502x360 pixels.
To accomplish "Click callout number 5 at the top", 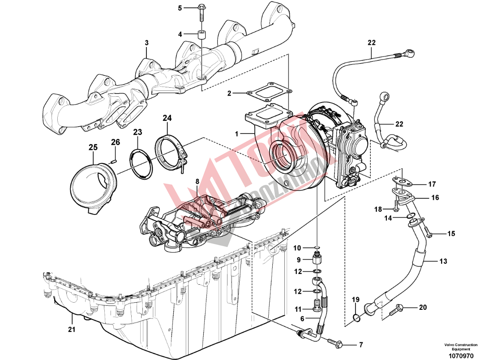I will [x=180, y=8].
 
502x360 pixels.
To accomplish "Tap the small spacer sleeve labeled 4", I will [x=201, y=34].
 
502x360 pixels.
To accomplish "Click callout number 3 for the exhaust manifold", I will [x=146, y=43].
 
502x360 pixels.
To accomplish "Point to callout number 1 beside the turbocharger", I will [x=238, y=133].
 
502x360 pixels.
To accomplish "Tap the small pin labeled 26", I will [x=114, y=157].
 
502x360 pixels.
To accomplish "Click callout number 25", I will [x=93, y=147].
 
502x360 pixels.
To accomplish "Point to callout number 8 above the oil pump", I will [x=196, y=181].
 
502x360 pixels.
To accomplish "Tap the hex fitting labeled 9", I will [x=317, y=259].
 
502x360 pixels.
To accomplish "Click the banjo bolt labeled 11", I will [x=317, y=308].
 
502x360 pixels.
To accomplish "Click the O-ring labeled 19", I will [x=356, y=318].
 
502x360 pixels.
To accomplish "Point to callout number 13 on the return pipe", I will [x=443, y=261].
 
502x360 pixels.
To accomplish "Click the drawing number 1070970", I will [x=461, y=356].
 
